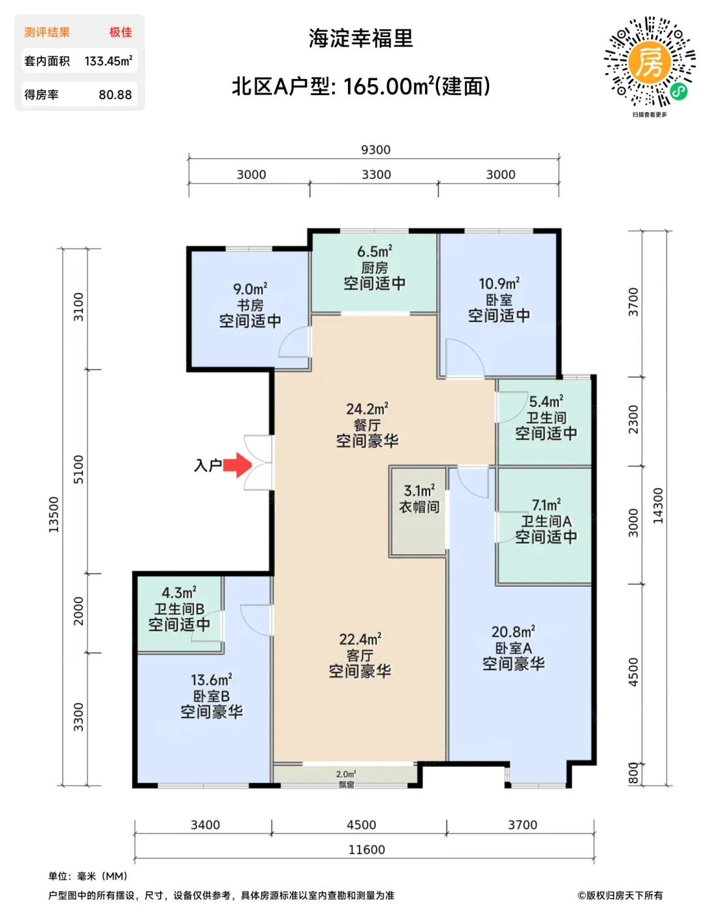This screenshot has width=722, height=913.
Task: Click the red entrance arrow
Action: coord(238,465)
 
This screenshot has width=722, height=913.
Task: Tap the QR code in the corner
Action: coord(650,62)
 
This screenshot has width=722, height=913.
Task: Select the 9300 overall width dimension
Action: coord(375,150)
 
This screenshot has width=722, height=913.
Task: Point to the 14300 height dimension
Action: coord(657,505)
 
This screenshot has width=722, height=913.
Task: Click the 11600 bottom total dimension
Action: coord(366,849)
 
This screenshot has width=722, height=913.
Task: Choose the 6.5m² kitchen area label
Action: coord(374,251)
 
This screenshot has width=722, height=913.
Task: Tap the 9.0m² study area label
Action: coord(250,289)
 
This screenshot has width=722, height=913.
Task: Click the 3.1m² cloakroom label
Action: coord(419,490)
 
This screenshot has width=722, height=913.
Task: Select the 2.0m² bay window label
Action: coord(346,774)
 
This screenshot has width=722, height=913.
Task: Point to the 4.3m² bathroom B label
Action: coord(179,592)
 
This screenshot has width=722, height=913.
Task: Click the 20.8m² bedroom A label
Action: coord(513,632)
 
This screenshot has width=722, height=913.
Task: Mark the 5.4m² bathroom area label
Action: coord(546,401)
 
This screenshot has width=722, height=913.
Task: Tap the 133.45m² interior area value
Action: coord(108,61)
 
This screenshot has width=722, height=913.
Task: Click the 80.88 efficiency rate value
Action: coord(115,94)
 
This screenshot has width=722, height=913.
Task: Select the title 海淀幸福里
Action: coord(360,38)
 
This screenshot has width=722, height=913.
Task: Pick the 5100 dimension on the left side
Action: coord(78,470)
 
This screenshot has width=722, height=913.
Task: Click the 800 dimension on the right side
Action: coord(633,773)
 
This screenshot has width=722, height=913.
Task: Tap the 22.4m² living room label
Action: coord(360,639)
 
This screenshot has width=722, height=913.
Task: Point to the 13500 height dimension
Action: coord(54,514)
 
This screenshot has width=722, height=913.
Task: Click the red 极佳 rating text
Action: coord(121,32)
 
